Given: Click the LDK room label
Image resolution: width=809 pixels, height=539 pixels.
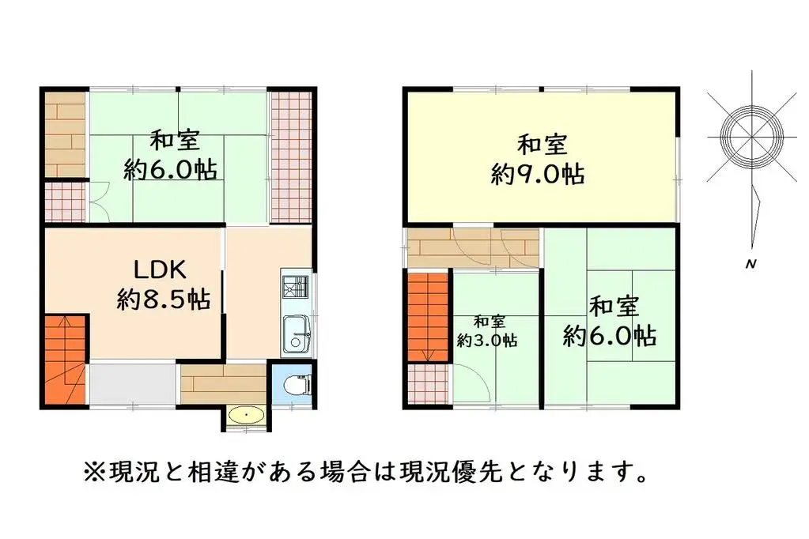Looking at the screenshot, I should coord(159,269).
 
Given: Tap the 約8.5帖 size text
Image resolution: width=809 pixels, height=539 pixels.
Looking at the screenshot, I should coord(164,300).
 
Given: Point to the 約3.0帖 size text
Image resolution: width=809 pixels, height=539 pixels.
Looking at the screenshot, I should coord(488,341).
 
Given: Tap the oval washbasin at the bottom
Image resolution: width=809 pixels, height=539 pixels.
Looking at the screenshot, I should coord(246,414).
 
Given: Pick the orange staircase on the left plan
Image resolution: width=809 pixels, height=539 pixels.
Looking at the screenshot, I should coord(64,359).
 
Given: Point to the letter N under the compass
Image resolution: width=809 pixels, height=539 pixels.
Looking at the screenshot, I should coord(748,264).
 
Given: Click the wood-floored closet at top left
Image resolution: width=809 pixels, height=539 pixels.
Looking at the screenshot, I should coord(64,135).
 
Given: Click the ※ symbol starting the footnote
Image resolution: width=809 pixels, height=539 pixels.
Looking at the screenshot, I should coord(93,473).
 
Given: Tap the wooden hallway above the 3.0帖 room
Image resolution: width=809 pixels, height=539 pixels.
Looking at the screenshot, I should coord(472,247).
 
